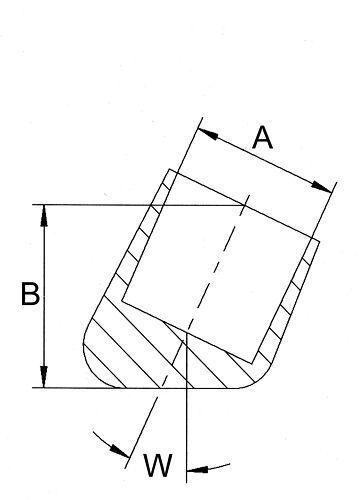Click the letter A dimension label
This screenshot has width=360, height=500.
click(x=263, y=138)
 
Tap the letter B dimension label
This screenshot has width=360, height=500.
click(x=30, y=294)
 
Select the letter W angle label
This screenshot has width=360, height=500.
click(x=158, y=465)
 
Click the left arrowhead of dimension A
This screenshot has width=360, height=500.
click(x=208, y=134)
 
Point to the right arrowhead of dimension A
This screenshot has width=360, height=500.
click(x=322, y=187)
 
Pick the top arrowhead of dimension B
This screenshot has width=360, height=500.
click(x=44, y=216)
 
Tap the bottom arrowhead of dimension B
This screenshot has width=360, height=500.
click(x=44, y=377)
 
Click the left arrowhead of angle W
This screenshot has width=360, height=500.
click(x=120, y=451)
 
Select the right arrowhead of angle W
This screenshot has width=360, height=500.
click(x=198, y=470)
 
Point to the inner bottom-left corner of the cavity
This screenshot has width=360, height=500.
click(x=122, y=302)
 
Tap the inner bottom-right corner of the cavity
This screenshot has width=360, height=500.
click(x=252, y=363)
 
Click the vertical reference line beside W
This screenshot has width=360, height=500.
click(x=187, y=407)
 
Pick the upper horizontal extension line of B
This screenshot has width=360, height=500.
click(x=138, y=205)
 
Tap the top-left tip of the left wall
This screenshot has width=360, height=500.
click(x=169, y=170)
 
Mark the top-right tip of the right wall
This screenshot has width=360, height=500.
click(x=319, y=241)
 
